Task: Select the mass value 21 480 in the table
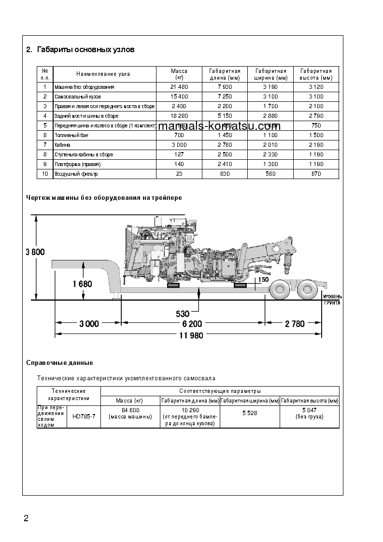[179, 87]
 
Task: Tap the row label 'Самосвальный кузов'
[78, 97]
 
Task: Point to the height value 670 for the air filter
[316, 174]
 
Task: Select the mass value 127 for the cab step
[179, 154]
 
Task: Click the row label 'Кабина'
[63, 145]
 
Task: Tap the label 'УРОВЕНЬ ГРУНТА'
[332, 299]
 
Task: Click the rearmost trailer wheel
[307, 290]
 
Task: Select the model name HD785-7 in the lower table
[84, 417]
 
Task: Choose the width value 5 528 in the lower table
[250, 414]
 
